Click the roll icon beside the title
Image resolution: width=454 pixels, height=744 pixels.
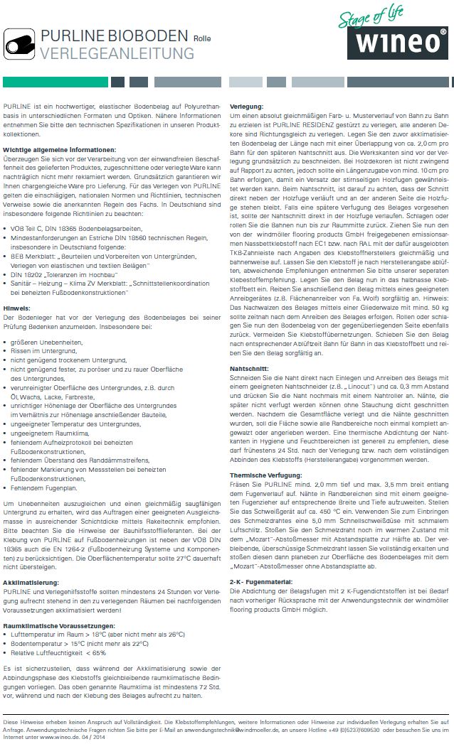(20, 44)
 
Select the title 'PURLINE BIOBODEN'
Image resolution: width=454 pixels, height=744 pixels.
(115, 37)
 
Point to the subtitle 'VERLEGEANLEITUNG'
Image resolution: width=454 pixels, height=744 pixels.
(117, 53)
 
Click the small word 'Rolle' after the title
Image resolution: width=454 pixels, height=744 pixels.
(204, 38)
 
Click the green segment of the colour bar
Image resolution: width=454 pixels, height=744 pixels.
(56, 82)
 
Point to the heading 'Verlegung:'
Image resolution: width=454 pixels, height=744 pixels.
(247, 105)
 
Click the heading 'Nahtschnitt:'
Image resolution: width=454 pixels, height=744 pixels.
(249, 370)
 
